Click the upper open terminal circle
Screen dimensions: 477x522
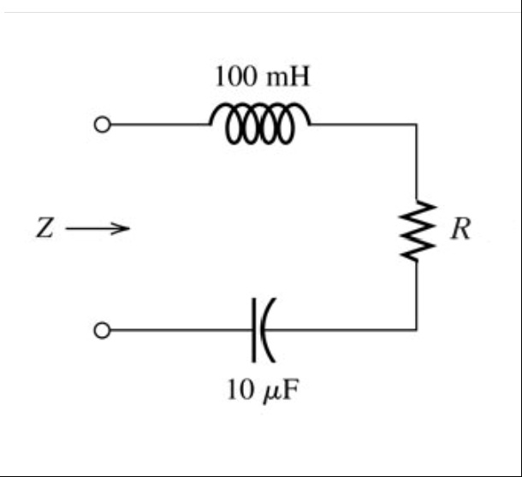[x=102, y=125]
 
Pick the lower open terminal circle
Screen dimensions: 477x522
[x=102, y=330]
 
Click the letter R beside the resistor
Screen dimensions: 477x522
[x=460, y=230]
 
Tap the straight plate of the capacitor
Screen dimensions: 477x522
[x=253, y=329]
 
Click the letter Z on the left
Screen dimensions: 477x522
[x=46, y=228]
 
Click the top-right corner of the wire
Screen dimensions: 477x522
[x=417, y=125]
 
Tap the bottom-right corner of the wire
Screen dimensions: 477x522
[x=417, y=329]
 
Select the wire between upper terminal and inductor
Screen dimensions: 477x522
[x=159, y=125]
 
